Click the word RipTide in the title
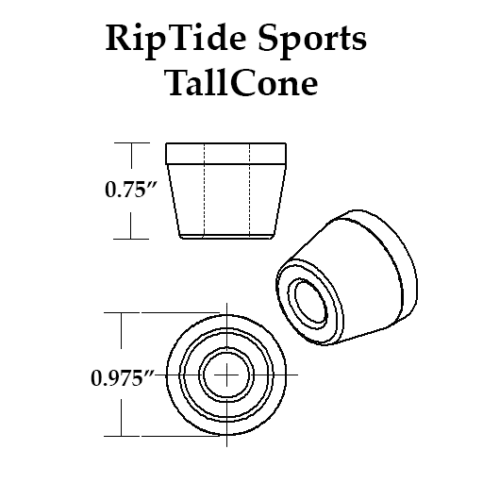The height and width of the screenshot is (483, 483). pyautogui.click(x=175, y=40)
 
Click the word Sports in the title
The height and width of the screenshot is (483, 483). pyautogui.click(x=312, y=40)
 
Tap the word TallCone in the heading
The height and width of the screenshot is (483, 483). pyautogui.click(x=241, y=83)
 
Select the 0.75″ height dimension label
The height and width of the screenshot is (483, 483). pyautogui.click(x=130, y=190)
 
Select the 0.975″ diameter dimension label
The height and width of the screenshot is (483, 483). pyautogui.click(x=123, y=378)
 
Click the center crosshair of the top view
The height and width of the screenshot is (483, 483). pyautogui.click(x=226, y=375)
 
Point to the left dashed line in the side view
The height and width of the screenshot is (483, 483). pyautogui.click(x=205, y=190)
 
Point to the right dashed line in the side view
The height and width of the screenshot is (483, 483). pyautogui.click(x=250, y=190)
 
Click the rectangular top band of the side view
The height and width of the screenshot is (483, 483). pyautogui.click(x=226, y=154)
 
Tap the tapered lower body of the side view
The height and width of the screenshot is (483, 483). pyautogui.click(x=226, y=200)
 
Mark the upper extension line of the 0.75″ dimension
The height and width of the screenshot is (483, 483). pyautogui.click(x=132, y=142)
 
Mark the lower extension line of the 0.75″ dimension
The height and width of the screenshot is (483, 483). pyautogui.click(x=131, y=239)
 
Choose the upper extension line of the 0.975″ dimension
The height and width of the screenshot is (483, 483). pyautogui.click(x=161, y=312)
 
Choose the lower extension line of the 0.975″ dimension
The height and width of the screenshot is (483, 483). pyautogui.click(x=161, y=436)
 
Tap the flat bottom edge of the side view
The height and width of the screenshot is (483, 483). pyautogui.click(x=226, y=239)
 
